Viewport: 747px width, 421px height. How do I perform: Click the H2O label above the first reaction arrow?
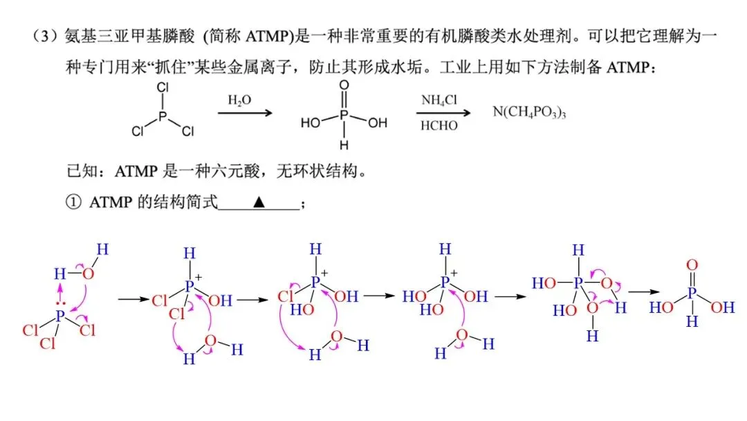click(x=239, y=100)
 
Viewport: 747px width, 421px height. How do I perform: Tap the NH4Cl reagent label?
click(x=439, y=100)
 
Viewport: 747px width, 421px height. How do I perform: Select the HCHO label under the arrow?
click(x=439, y=125)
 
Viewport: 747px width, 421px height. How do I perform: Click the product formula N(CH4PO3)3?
click(x=529, y=112)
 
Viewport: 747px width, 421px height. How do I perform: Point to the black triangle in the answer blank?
click(x=259, y=202)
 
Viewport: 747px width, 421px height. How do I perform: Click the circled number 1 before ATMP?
click(x=73, y=202)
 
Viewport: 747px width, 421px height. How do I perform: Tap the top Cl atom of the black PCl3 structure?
click(x=163, y=88)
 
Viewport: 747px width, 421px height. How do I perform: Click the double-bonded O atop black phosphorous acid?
click(x=344, y=85)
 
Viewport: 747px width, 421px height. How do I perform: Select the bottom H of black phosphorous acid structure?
click(x=344, y=145)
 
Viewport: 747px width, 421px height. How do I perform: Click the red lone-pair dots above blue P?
click(x=60, y=303)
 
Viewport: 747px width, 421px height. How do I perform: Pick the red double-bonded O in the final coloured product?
click(x=692, y=265)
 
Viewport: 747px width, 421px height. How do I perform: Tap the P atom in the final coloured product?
click(x=692, y=293)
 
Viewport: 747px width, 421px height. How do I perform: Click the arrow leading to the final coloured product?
click(x=644, y=292)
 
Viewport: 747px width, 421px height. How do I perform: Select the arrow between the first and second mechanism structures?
click(x=134, y=299)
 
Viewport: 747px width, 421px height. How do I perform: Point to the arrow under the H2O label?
click(x=245, y=113)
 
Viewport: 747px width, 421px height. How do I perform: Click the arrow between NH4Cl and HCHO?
click(x=443, y=113)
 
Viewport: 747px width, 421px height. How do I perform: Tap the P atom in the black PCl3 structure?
click(x=163, y=116)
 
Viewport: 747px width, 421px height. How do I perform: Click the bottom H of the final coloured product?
click(x=692, y=321)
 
